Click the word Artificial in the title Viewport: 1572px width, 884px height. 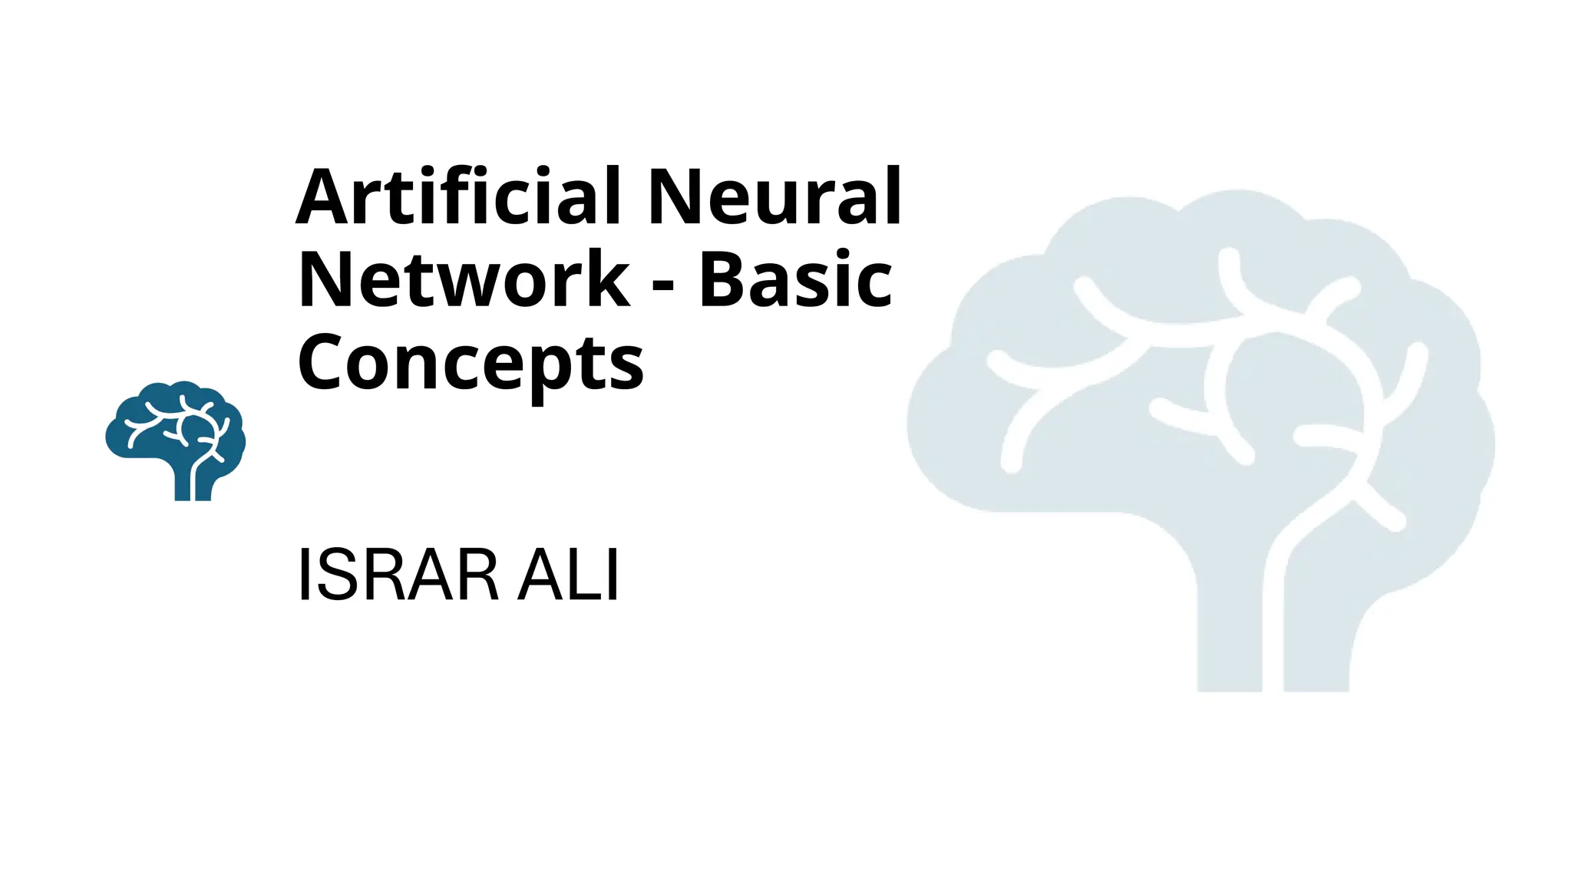(x=457, y=197)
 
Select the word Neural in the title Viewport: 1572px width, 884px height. (x=775, y=197)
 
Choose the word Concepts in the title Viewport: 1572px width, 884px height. (x=470, y=363)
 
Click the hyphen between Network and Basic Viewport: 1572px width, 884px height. (x=662, y=286)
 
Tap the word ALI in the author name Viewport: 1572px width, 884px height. (x=569, y=576)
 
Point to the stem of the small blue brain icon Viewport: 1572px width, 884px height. (x=192, y=483)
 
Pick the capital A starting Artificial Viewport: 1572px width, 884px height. (x=324, y=197)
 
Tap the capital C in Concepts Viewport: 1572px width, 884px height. (x=320, y=363)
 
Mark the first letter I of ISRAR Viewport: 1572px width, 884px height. (x=304, y=576)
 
